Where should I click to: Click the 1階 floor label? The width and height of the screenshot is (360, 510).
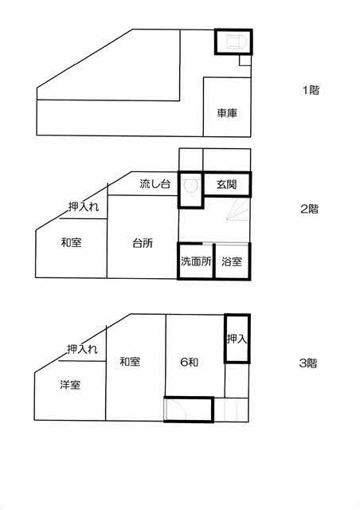coord(311,90)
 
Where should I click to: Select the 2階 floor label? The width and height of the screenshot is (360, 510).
coord(309,209)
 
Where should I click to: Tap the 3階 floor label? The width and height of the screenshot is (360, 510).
coord(308,363)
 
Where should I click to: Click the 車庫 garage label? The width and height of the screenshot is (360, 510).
coord(227,113)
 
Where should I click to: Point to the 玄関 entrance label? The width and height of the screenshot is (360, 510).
coord(226,184)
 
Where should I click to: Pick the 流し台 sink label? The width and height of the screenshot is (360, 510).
coord(155,184)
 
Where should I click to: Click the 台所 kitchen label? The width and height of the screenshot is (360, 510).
coord(143,243)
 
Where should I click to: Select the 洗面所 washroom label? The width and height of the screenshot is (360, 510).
coord(196,261)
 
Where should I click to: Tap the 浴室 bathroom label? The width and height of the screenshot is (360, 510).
coord(232,261)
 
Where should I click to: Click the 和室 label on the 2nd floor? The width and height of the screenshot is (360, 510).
coord(71,242)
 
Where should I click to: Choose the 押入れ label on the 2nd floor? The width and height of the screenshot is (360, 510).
coord(84,206)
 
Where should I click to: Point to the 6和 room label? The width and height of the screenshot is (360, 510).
coord(189,362)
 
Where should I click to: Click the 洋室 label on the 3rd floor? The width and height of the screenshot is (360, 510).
coord(70,384)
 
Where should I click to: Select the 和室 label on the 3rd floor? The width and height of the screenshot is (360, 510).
coord(130,361)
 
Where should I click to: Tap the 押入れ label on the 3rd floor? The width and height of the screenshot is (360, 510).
coord(82,349)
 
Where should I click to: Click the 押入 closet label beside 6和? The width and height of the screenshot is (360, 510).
coord(237,339)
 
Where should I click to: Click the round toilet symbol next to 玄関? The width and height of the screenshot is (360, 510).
coord(190,186)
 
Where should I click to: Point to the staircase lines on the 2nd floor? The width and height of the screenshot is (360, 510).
coord(237,210)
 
